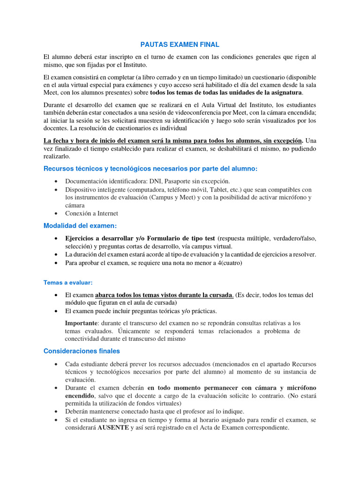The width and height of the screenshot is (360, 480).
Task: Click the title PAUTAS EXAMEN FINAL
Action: pos(180,45)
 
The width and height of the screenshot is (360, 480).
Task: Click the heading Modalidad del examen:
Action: pos(80,226)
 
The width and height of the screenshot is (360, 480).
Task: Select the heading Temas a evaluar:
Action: pos(68,283)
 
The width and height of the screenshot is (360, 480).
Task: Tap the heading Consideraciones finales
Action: pos(82,351)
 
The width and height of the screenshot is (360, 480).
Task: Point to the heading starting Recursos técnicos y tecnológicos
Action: pos(150,169)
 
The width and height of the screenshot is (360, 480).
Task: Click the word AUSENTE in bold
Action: pos(113,428)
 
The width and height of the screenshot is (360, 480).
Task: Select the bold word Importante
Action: pos(81,323)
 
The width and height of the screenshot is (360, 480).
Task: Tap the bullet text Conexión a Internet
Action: pos(91,213)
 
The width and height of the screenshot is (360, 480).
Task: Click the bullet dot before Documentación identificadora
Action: pos(56,181)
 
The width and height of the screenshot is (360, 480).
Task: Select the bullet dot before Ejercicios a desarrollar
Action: pos(56,239)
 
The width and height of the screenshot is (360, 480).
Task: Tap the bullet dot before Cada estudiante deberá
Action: pos(56,364)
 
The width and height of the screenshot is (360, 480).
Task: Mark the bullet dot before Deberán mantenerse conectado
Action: pos(56,411)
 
